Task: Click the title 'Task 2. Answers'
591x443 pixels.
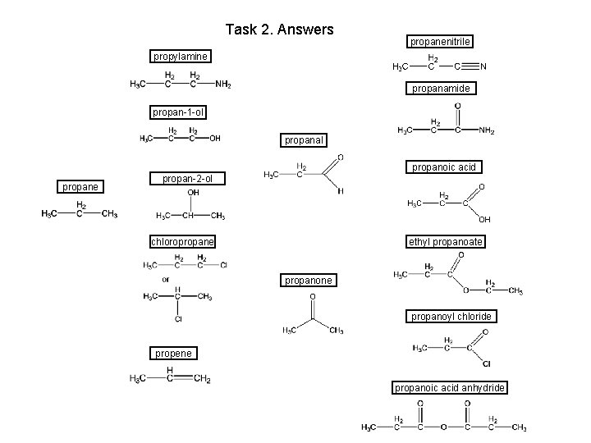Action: tap(279, 30)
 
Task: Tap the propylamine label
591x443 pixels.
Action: tap(181, 57)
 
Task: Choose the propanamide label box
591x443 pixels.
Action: tap(441, 88)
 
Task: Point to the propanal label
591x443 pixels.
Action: tap(305, 140)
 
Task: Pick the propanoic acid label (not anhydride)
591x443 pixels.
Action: tap(443, 167)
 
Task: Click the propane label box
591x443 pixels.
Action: tap(80, 186)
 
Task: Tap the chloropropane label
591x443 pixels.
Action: tap(182, 242)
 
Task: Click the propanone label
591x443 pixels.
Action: tap(309, 281)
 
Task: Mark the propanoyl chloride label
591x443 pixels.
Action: tap(451, 316)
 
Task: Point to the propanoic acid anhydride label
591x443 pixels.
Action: tap(450, 387)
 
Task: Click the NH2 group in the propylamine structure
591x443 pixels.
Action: tap(222, 83)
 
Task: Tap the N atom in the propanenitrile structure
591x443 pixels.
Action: tap(484, 66)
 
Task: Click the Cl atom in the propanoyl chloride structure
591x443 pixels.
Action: tap(486, 363)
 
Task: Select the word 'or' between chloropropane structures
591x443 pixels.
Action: tap(165, 279)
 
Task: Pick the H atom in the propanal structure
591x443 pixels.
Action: tap(341, 191)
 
